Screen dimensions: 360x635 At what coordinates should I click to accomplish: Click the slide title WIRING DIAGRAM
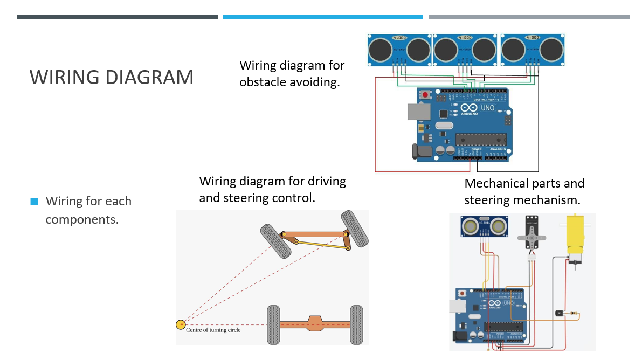pyautogui.click(x=112, y=77)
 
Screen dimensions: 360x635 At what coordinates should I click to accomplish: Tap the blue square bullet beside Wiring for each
pyautogui.click(x=34, y=202)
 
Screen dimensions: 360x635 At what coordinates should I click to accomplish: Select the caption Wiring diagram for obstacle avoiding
pyautogui.click(x=292, y=74)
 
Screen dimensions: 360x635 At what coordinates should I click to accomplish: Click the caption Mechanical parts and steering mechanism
pyautogui.click(x=524, y=191)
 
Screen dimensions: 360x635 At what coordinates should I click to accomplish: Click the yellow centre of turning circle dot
pyautogui.click(x=181, y=324)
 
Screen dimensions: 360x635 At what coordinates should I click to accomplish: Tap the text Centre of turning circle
pyautogui.click(x=213, y=330)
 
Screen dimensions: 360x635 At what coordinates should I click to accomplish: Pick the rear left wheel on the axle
pyautogui.click(x=273, y=324)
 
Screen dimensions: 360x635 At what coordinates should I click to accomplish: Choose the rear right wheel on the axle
pyautogui.click(x=356, y=324)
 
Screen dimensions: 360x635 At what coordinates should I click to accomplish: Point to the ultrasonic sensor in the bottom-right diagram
pyautogui.click(x=484, y=226)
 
